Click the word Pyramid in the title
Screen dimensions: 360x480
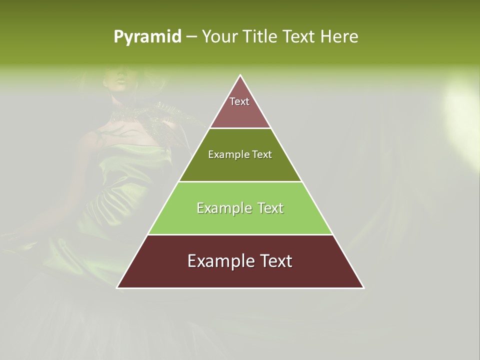(147, 37)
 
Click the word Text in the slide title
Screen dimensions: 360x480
(299, 36)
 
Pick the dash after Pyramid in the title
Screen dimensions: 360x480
(191, 37)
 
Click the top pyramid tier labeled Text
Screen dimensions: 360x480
(240, 107)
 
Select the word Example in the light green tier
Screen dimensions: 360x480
(223, 208)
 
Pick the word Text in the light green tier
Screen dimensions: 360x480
(271, 208)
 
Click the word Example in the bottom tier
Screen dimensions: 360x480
(218, 261)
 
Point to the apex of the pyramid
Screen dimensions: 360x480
(240, 75)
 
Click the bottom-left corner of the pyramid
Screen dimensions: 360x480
(118, 287)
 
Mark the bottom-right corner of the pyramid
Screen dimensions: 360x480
(363, 287)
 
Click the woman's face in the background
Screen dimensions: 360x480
(115, 80)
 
